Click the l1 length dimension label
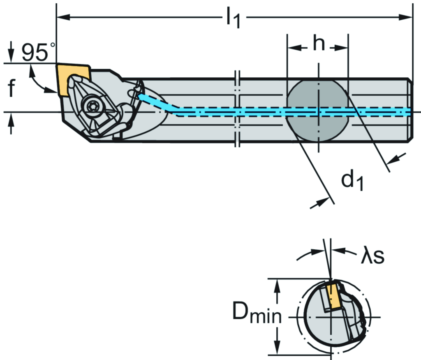[232, 20]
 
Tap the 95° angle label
[38, 53]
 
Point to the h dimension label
[317, 44]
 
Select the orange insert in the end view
[334, 295]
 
